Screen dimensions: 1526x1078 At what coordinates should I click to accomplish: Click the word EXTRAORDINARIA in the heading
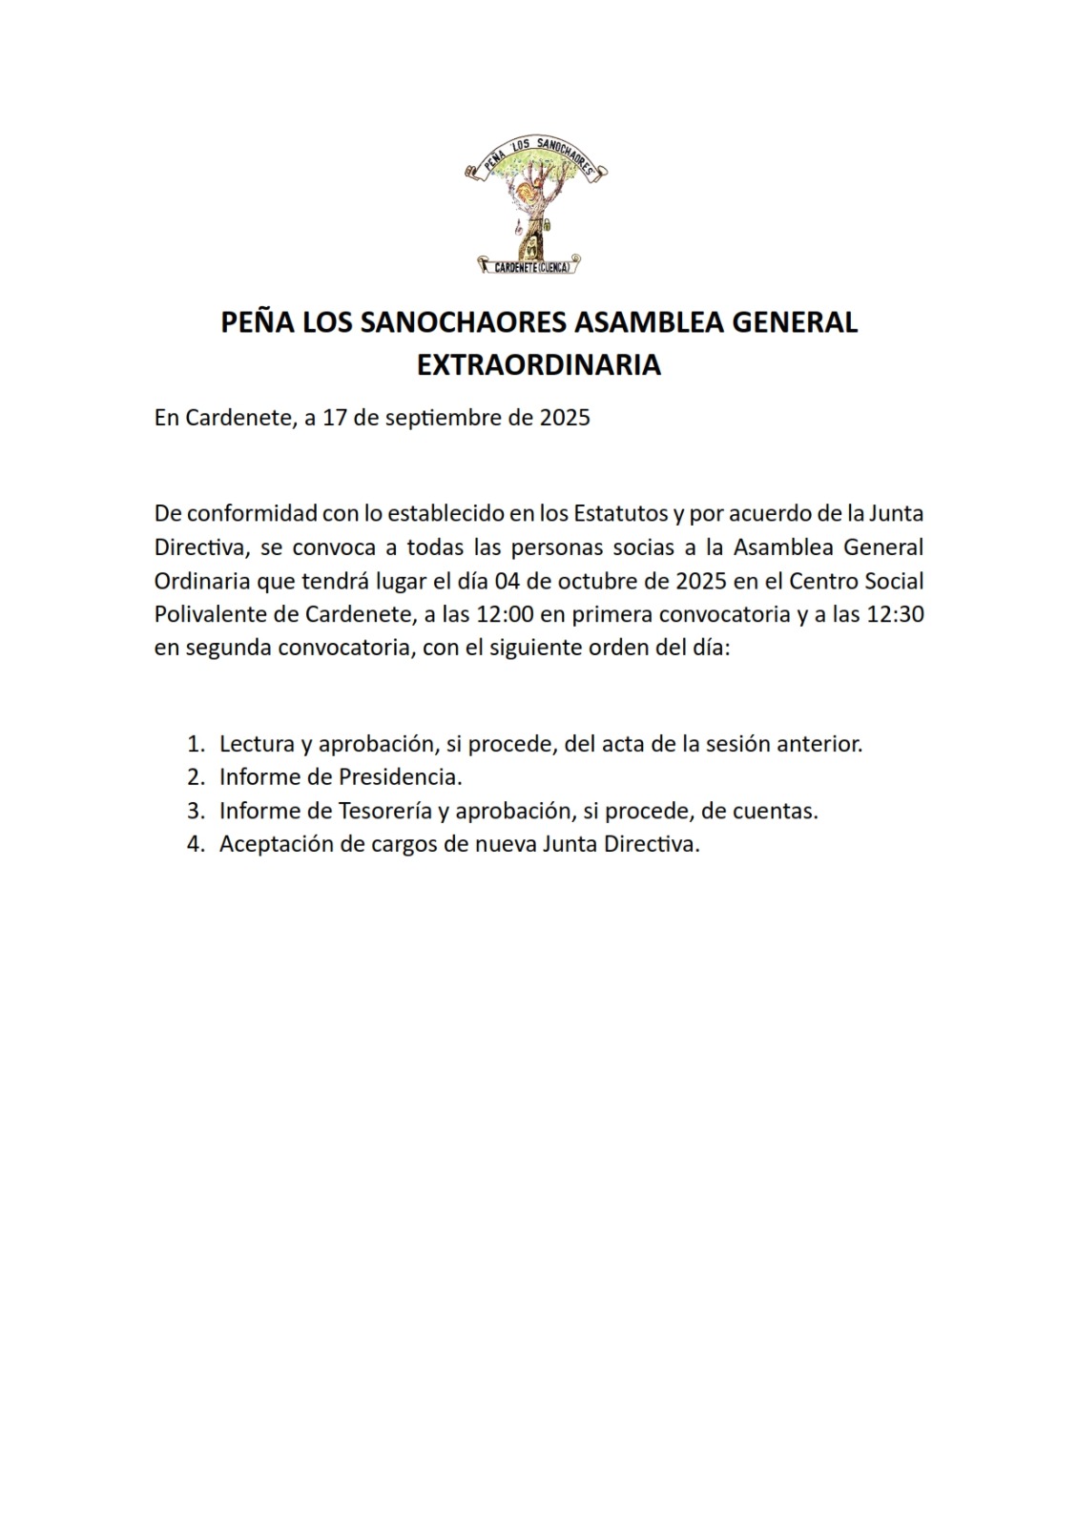(x=539, y=365)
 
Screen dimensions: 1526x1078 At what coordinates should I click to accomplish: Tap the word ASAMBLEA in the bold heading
(x=646, y=322)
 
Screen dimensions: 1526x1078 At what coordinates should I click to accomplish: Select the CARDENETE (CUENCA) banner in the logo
(x=532, y=267)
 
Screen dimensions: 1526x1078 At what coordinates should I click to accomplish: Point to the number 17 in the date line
(x=334, y=418)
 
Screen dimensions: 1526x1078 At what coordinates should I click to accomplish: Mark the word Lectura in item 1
(x=255, y=744)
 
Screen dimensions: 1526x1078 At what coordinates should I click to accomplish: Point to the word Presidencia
(x=400, y=777)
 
